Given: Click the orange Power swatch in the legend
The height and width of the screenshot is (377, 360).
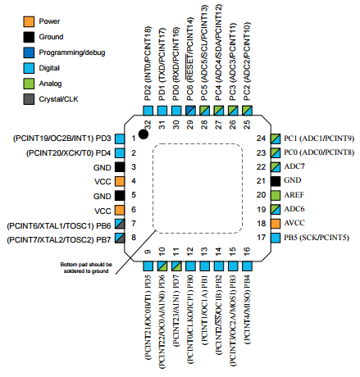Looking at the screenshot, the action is tap(29, 21).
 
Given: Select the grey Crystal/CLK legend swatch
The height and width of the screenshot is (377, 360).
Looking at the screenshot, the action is tap(29, 99).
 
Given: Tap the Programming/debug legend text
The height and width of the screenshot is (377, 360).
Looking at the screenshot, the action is tap(72, 52).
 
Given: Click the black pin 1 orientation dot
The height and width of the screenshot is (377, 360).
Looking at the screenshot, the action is tap(144, 134).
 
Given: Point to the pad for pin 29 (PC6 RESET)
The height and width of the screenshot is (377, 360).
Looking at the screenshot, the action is tap(190, 111).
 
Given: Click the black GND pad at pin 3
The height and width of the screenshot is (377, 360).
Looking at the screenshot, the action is tap(120, 167).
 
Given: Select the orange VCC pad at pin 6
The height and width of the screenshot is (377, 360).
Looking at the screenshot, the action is tap(120, 210).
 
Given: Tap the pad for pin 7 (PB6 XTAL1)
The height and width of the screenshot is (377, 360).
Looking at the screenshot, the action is tap(120, 224).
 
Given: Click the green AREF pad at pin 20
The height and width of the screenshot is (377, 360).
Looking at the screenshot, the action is tap(276, 195).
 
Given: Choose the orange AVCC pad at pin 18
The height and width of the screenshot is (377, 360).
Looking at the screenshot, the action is tap(276, 224).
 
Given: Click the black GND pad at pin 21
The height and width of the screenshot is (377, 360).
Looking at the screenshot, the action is tap(276, 181).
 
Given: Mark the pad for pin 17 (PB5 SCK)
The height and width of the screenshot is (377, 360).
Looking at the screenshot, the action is tap(276, 238).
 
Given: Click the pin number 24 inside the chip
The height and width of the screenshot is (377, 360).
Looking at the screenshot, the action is tap(261, 139).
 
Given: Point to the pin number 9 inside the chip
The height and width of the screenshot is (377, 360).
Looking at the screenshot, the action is tap(148, 252).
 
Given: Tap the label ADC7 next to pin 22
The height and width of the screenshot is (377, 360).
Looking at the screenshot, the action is tap(294, 166).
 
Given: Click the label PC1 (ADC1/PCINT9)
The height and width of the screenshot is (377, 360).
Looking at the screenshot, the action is tap(319, 139).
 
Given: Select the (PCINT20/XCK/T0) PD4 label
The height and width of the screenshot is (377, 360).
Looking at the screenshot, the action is tap(68, 153).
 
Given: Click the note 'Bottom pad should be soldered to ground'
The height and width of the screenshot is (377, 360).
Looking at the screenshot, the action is tap(86, 268).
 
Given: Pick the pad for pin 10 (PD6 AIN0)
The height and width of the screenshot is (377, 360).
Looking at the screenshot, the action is tap(162, 266).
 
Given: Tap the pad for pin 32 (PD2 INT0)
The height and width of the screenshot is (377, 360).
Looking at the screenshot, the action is tap(148, 111).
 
